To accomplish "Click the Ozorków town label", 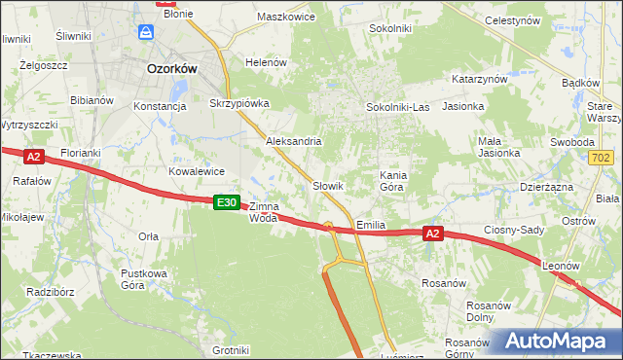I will point(171,69).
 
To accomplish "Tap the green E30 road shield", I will point(226,202).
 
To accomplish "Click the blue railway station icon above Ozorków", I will point(145,33).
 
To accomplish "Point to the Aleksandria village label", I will point(294,141).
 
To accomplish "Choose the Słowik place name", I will point(328,185).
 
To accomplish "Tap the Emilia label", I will point(371,225).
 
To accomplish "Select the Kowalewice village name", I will point(197,171).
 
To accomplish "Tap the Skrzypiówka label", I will point(238,102).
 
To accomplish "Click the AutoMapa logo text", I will point(562,342).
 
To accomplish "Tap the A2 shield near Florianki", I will point(33,156).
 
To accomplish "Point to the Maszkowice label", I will point(286,17).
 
